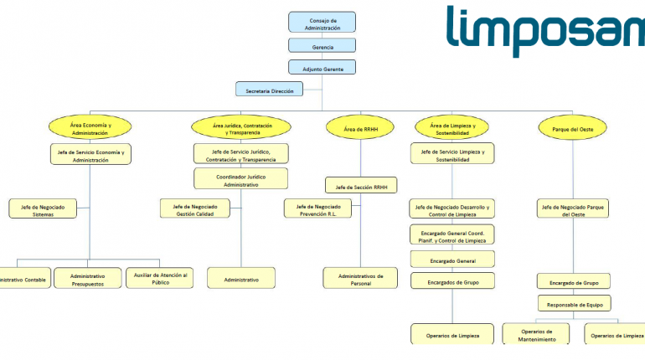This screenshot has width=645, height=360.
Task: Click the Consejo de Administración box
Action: pyautogui.click(x=322, y=23)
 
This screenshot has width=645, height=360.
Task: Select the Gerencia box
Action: pyautogui.click(x=322, y=47)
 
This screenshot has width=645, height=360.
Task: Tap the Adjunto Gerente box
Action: pyautogui.click(x=322, y=68)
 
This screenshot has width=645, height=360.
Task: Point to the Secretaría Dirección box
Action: pyautogui.click(x=270, y=90)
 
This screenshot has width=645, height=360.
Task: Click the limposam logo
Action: pyautogui.click(x=544, y=31)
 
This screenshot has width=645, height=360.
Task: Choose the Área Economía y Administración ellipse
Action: pyautogui.click(x=90, y=128)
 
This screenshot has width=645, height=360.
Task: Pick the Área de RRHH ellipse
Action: pyautogui.click(x=361, y=129)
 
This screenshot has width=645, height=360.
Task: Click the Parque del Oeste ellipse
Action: pyautogui.click(x=573, y=129)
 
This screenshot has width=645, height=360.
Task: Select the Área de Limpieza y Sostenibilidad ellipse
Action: pyautogui.click(x=452, y=128)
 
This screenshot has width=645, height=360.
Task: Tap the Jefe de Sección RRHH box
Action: pyautogui.click(x=361, y=185)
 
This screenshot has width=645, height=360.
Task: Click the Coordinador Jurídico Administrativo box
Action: pyautogui.click(x=241, y=179)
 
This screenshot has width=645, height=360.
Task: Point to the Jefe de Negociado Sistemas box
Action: pyautogui.click(x=43, y=209)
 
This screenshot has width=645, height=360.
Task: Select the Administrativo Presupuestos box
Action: pyautogui.click(x=88, y=279)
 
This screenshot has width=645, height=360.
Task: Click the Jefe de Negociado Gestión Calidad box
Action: pyautogui.click(x=195, y=209)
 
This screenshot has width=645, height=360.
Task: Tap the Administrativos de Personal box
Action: pyautogui.click(x=361, y=279)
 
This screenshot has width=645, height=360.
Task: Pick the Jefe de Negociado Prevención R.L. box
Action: pyautogui.click(x=317, y=209)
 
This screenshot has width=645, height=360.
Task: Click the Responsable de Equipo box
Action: pyautogui.click(x=574, y=303)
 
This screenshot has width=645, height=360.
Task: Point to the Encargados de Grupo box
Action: pyautogui.click(x=452, y=281)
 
